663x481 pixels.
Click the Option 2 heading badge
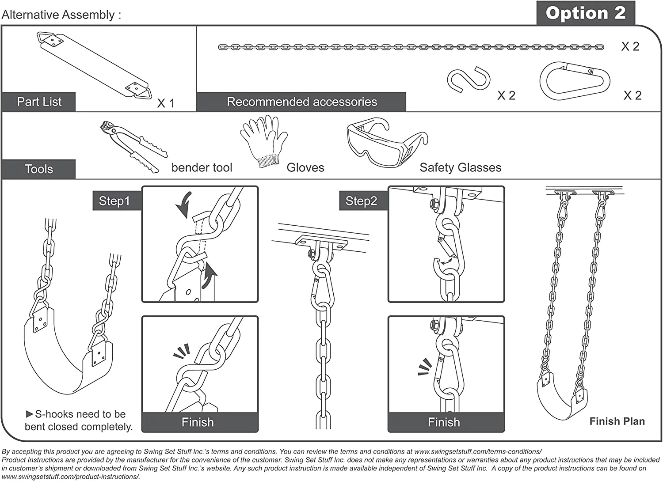click(x=585, y=13)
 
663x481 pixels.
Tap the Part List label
click(x=39, y=102)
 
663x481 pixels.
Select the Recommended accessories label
click(x=301, y=102)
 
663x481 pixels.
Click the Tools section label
click(x=38, y=169)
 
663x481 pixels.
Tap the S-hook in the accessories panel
click(x=469, y=80)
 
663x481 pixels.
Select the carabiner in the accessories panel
click(x=575, y=81)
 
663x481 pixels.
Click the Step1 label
click(x=114, y=201)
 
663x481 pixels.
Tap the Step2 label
click(x=361, y=201)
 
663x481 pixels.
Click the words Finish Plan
click(x=617, y=421)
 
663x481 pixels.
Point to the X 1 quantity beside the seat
click(x=166, y=103)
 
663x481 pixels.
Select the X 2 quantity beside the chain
click(x=630, y=46)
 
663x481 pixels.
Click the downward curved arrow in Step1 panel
click(x=184, y=204)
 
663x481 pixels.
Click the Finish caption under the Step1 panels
click(x=198, y=422)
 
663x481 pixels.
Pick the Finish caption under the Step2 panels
click(x=444, y=422)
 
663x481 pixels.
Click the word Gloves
click(x=305, y=168)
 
